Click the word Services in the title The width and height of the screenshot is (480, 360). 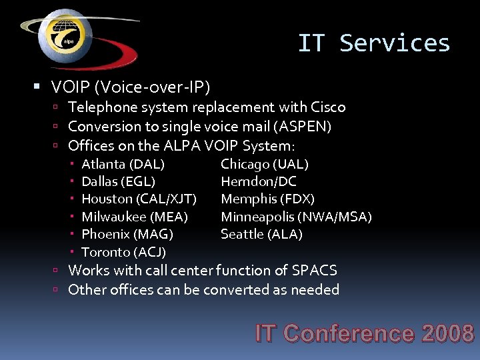395,43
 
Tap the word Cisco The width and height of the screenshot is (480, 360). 328,107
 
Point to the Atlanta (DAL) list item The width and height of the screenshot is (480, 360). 123,164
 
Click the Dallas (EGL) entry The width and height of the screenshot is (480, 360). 118,181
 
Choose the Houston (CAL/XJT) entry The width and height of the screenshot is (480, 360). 139,199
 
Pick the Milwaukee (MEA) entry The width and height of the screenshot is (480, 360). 134,217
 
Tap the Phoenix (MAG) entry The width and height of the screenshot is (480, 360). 127,234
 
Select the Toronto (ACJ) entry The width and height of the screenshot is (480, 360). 123,252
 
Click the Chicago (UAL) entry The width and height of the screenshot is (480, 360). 264,164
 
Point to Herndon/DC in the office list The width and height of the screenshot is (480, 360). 259,181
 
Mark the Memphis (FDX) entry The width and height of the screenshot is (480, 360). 267,199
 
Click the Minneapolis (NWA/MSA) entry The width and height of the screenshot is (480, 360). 296,217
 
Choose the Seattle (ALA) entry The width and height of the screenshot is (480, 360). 261,234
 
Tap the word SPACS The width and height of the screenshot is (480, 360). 315,271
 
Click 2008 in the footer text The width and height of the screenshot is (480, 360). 448,333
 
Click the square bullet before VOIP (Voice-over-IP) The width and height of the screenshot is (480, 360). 37,87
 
